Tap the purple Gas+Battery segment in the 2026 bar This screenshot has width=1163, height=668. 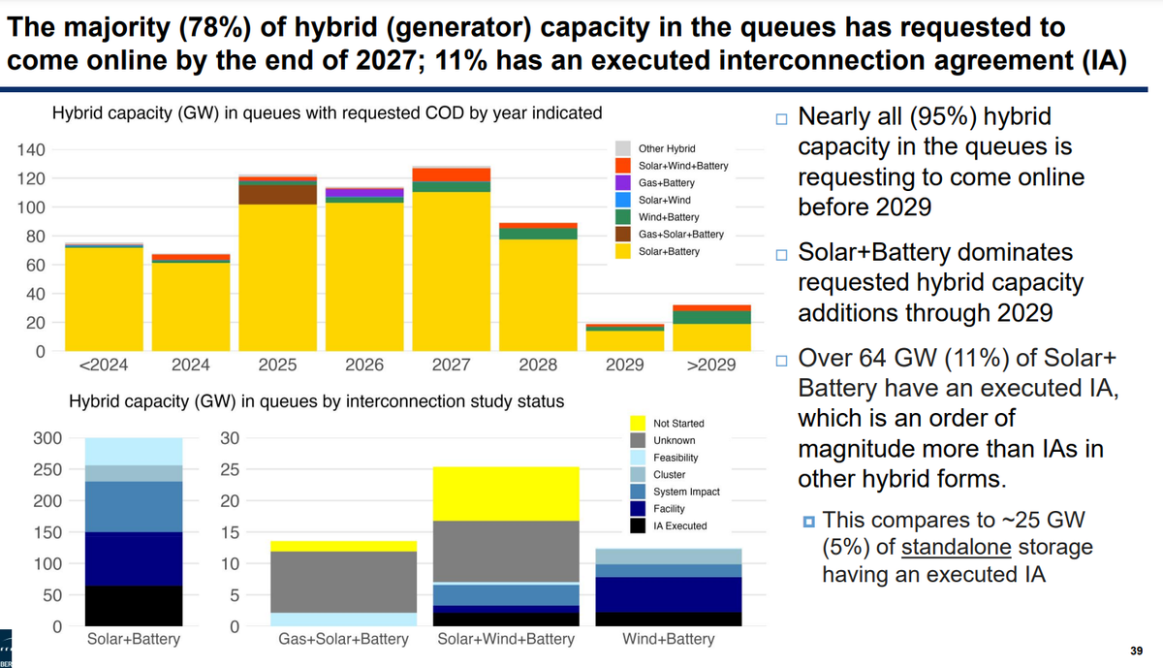pos(364,193)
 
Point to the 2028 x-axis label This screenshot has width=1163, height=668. pos(538,366)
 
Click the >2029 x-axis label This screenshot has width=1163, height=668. pos(711,366)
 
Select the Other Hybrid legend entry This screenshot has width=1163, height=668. pos(667,148)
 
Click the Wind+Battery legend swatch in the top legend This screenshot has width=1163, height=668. pos(623,217)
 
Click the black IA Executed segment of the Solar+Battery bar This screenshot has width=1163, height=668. pos(134,606)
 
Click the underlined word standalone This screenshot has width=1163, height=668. pos(957,547)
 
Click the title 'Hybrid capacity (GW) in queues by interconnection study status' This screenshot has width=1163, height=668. pos(316,400)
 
